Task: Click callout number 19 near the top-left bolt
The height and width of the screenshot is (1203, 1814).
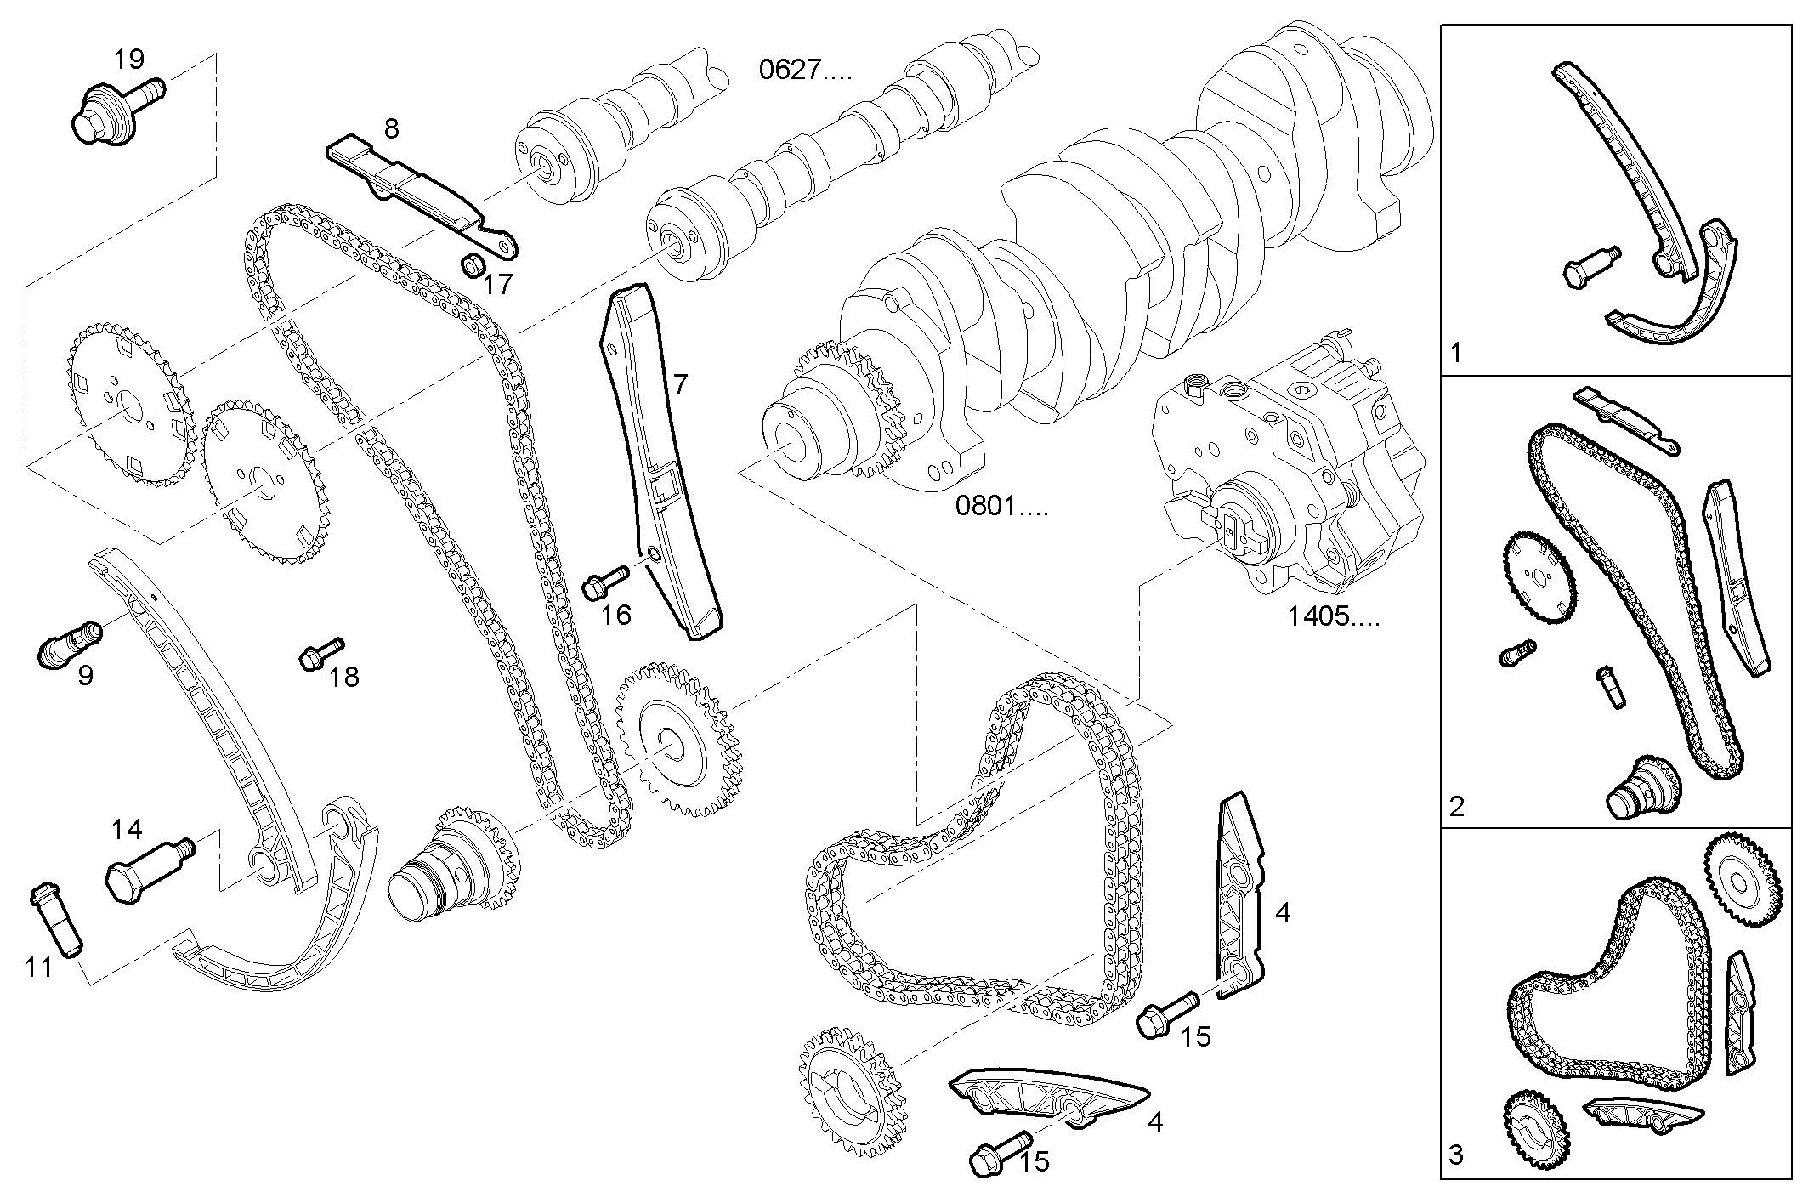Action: (129, 60)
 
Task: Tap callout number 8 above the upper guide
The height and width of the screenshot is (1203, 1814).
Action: (390, 129)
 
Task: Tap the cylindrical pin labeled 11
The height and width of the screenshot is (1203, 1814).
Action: (56, 919)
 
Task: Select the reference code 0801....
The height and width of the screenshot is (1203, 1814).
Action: (1001, 508)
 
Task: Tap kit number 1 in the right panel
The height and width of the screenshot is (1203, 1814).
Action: (1456, 352)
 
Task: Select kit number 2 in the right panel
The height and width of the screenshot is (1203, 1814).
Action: (1457, 806)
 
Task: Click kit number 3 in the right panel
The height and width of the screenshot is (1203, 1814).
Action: (1456, 1155)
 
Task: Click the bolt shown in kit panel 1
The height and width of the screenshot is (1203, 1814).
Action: (1590, 266)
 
